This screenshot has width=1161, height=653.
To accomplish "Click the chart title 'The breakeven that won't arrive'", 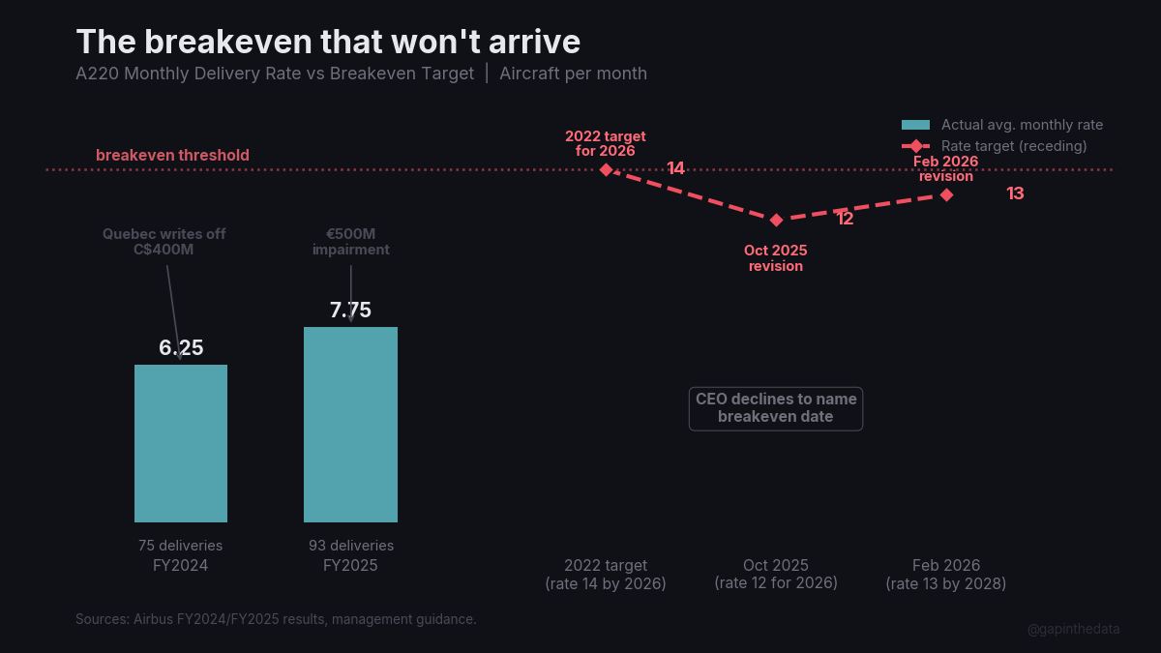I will click(x=328, y=42).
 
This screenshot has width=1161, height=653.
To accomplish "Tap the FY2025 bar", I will click(x=350, y=425).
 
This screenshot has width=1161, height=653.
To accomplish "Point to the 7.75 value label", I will click(x=350, y=311).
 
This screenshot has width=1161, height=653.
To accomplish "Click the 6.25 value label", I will click(x=181, y=348).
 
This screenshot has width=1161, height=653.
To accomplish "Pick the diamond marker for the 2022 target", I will click(x=606, y=169).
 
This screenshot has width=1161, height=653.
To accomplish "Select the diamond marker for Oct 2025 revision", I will click(x=776, y=220).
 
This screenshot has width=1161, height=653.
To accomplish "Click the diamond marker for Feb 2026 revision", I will click(x=946, y=194).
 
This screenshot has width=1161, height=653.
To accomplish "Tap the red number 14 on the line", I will click(x=675, y=169).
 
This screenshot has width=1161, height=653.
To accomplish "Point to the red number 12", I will click(x=845, y=220).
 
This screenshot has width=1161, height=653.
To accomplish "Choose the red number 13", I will click(x=1015, y=193).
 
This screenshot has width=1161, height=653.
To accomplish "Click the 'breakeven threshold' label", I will click(x=172, y=156).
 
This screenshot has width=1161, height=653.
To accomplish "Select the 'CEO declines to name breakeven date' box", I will click(x=775, y=408).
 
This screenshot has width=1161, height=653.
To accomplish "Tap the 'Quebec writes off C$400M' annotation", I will click(x=164, y=242).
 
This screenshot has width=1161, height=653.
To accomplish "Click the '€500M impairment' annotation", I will click(x=350, y=242).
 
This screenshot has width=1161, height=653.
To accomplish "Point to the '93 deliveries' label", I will click(x=350, y=546).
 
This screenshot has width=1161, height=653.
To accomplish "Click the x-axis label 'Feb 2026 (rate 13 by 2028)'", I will click(x=946, y=575).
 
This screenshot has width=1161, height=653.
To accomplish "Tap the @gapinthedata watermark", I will click(x=1074, y=629).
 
